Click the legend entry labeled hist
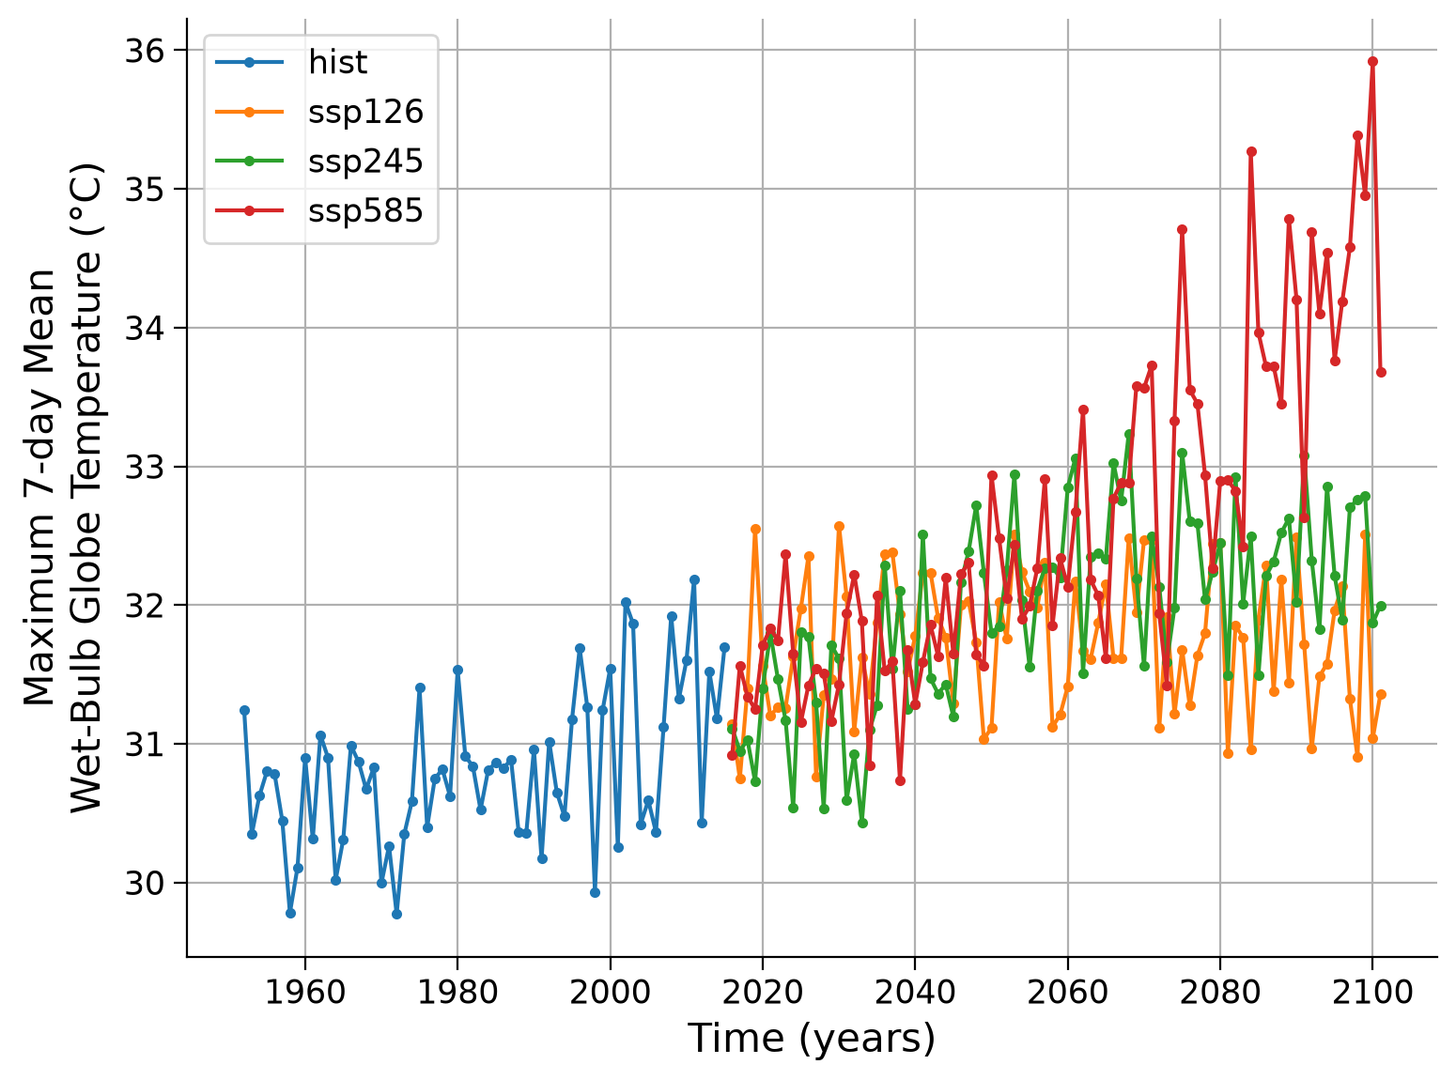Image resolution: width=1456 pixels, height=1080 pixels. pyautogui.click(x=337, y=62)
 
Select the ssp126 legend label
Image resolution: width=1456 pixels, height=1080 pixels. pyautogui.click(x=365, y=112)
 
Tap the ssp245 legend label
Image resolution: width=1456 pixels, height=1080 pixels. pyautogui.click(x=365, y=161)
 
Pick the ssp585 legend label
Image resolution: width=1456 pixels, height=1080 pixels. pyautogui.click(x=365, y=210)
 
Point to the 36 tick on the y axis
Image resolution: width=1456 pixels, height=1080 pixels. pyautogui.click(x=145, y=51)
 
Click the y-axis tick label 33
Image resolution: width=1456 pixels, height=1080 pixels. pyautogui.click(x=145, y=467)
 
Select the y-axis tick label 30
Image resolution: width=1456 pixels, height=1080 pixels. pyautogui.click(x=145, y=883)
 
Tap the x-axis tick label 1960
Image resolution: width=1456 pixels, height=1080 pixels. pyautogui.click(x=304, y=992)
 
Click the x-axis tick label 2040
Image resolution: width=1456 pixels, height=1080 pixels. pyautogui.click(x=914, y=992)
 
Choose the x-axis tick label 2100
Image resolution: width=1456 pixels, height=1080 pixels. pyautogui.click(x=1372, y=992)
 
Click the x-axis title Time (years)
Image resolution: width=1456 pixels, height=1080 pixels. pyautogui.click(x=812, y=1040)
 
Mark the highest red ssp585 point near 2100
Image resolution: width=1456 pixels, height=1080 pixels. pyautogui.click(x=1372, y=62)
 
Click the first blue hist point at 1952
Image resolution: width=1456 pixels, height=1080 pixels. pyautogui.click(x=244, y=710)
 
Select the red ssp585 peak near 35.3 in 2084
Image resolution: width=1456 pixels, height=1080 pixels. pyautogui.click(x=1251, y=151)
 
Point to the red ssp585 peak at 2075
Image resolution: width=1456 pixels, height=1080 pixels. pyautogui.click(x=1182, y=230)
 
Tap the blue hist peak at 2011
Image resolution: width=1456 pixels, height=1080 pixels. pyautogui.click(x=694, y=579)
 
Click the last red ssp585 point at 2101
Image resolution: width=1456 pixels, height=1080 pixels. pyautogui.click(x=1381, y=372)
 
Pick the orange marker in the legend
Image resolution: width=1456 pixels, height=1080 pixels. pyautogui.click(x=250, y=112)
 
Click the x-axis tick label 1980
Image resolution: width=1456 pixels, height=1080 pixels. pyautogui.click(x=457, y=992)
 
